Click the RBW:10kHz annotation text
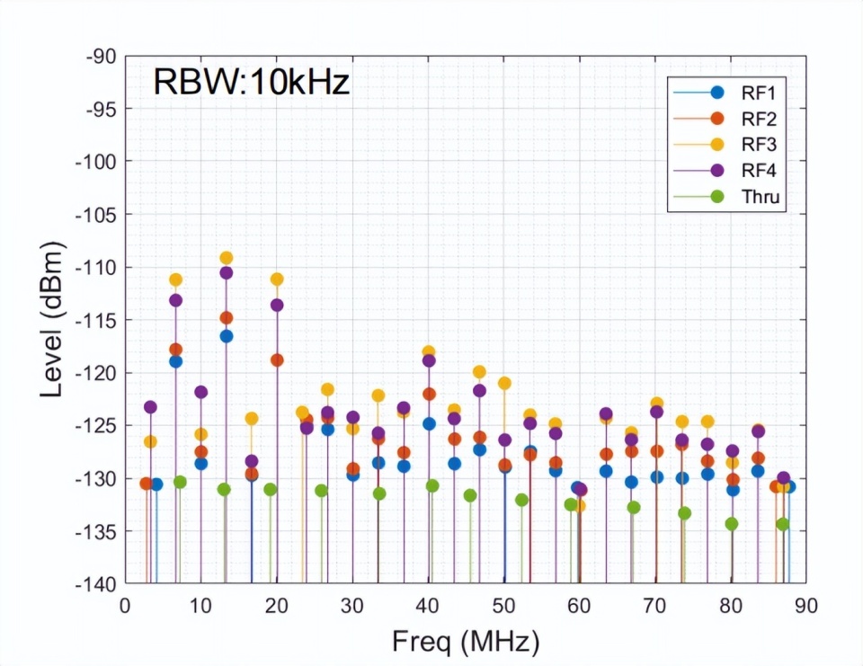click(251, 83)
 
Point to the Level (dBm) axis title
click(55, 320)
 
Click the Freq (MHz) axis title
click(466, 642)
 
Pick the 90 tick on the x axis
click(806, 605)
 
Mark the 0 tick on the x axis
click(125, 605)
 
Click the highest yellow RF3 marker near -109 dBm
click(226, 258)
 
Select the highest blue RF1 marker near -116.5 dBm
click(226, 336)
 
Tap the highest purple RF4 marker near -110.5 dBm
click(226, 272)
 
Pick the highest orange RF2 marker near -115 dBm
click(226, 317)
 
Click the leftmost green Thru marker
click(180, 482)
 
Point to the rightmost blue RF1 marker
click(788, 486)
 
